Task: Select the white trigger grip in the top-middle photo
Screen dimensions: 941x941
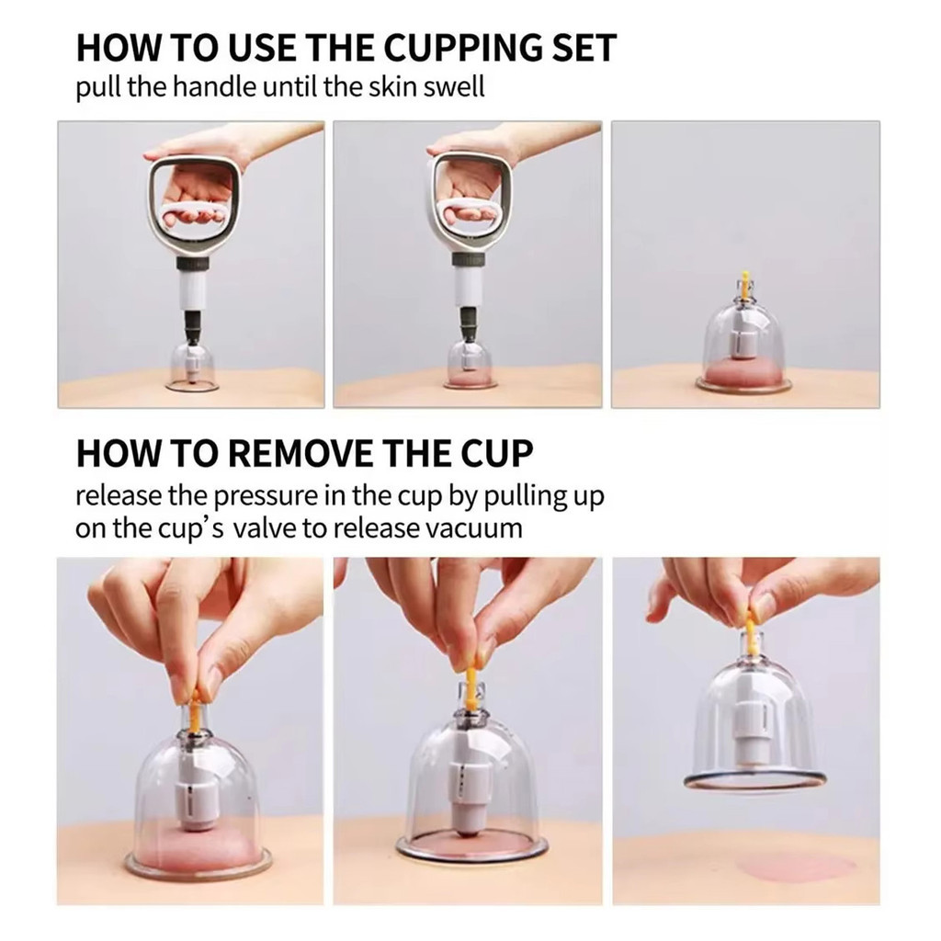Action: click(470, 210)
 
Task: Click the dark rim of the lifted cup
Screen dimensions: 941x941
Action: click(755, 780)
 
